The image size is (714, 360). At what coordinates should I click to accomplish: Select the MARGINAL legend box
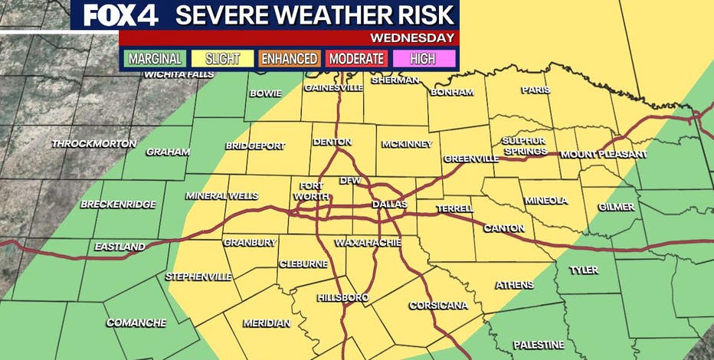pos(155,58)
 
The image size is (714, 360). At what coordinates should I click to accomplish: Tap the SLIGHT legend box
pos(222,58)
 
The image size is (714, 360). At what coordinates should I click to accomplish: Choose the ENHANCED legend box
pos(289,58)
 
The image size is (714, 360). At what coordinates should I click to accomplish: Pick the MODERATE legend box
pos(356,58)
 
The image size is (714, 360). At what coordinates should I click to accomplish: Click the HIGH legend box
pos(424,58)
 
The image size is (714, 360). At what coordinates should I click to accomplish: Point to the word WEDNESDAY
pos(412,38)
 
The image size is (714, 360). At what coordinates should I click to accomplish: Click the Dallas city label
pos(389,205)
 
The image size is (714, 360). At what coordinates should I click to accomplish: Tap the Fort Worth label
pos(311,190)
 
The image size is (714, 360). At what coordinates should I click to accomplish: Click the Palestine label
pos(539,345)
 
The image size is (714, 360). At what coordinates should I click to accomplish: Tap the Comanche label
pos(136,322)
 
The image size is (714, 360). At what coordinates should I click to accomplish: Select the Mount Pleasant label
pos(604,154)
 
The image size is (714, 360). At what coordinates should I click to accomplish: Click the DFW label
pos(349,181)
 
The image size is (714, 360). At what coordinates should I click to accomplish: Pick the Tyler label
pos(584,270)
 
